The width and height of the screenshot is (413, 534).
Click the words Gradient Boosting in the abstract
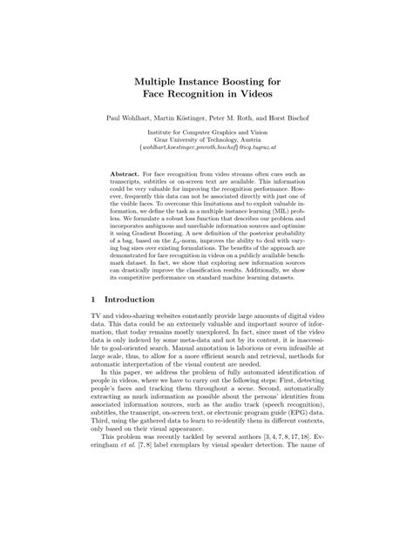164,248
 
